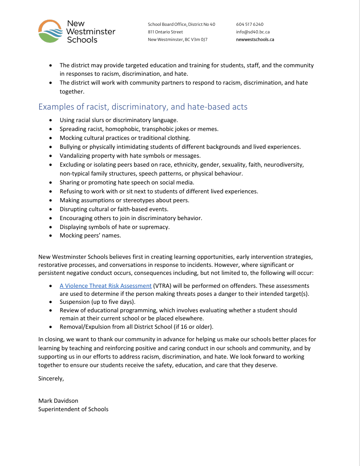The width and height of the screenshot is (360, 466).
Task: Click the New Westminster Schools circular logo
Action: pyautogui.click(x=50, y=31)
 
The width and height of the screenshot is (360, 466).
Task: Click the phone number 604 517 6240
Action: pyautogui.click(x=250, y=24)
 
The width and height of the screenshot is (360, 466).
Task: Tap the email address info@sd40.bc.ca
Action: pyautogui.click(x=253, y=32)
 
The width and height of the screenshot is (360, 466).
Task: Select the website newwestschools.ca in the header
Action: pyautogui.click(x=255, y=40)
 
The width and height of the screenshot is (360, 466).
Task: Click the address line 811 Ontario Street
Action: pyautogui.click(x=165, y=32)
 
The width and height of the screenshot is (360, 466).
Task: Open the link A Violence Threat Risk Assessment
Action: pyautogui.click(x=106, y=286)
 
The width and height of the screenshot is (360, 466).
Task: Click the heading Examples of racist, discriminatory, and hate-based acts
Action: pyautogui.click(x=143, y=107)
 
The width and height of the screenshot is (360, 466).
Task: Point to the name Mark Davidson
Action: pyautogui.click(x=58, y=401)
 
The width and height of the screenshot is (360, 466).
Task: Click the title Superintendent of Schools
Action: pyautogui.click(x=73, y=409)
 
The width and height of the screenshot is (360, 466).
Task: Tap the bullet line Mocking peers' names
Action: pyautogui.click(x=90, y=236)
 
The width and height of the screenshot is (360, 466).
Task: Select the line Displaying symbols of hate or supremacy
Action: pyautogui.click(x=115, y=227)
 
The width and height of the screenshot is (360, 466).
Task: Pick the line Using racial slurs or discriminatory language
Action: pyautogui.click(x=119, y=120)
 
